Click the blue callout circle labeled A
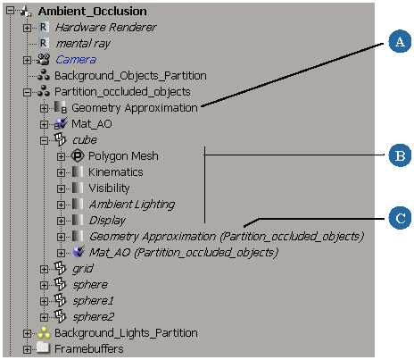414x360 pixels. coord(400,41)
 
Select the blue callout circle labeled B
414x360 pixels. coord(400,155)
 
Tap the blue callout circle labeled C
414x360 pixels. coord(400,218)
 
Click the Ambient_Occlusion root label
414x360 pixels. coord(93,12)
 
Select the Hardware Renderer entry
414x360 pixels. coord(106,28)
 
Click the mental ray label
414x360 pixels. coord(83,44)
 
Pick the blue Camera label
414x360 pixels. coord(76,60)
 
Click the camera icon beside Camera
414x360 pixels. coord(44,59)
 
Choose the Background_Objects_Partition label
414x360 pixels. coord(130,76)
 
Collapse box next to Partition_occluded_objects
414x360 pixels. coord(27,92)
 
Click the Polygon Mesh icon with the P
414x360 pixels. coord(78,155)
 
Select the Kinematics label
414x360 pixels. coord(116,172)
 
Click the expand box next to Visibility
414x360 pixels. coord(61,188)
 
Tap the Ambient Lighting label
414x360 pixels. coord(132,205)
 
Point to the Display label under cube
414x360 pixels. coord(107,221)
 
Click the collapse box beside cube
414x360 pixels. coord(44,140)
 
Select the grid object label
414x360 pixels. coord(83,269)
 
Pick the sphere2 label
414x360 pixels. coord(94,317)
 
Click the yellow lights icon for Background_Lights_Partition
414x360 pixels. coord(44,333)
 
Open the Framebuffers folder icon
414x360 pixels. coord(44,347)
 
